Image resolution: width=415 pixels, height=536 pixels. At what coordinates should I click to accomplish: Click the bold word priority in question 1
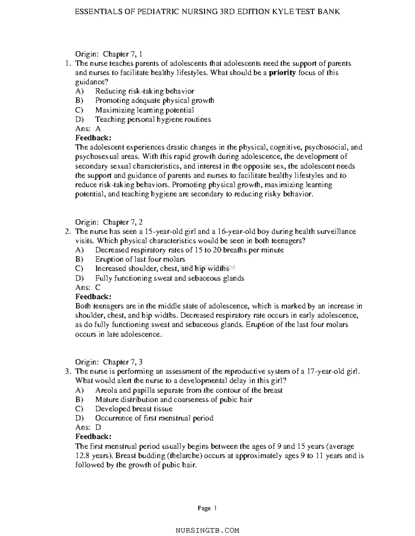point(282,73)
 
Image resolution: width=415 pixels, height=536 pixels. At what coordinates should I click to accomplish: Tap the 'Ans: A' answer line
point(88,129)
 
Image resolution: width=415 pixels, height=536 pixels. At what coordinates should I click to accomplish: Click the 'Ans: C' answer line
point(88,287)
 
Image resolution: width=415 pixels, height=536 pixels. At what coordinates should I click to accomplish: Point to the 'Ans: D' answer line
point(88,427)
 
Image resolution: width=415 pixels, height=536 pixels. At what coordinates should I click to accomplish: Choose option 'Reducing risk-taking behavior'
point(145,91)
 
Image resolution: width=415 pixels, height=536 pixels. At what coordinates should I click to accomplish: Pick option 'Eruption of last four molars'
point(140,259)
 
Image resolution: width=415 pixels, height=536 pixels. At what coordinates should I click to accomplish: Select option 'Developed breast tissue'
point(134,409)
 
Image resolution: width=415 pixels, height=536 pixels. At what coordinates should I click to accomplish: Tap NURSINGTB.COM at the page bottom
point(207,530)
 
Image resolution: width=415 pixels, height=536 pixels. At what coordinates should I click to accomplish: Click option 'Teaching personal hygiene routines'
point(153,119)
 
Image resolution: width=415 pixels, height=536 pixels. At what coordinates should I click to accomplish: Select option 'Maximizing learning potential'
point(145,110)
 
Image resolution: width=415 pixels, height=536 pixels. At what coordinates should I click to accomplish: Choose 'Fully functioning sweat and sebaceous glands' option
point(169,278)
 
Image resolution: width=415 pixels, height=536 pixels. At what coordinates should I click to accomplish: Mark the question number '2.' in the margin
point(68,231)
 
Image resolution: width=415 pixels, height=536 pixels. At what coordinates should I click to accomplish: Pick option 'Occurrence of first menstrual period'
point(154,418)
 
